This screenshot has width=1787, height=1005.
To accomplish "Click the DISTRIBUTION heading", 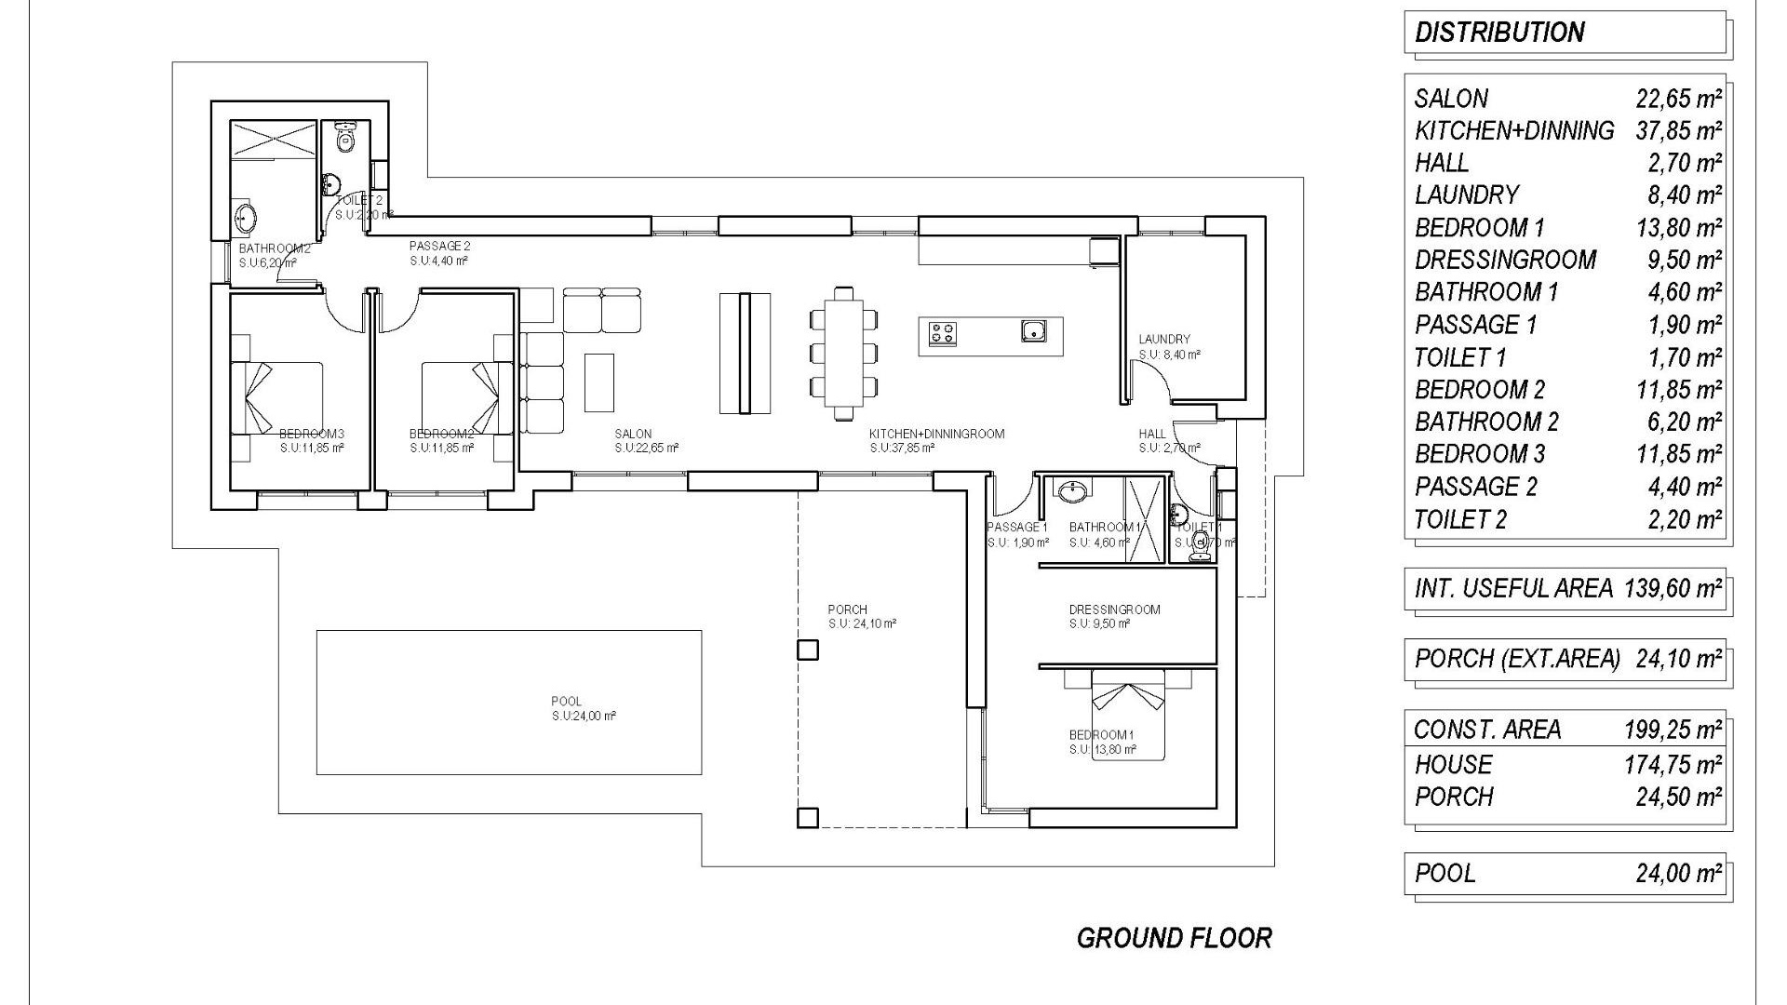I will [x=1498, y=33].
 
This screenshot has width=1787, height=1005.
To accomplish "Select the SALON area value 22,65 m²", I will [x=1678, y=99].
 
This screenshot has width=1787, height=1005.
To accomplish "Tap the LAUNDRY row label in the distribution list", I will [x=1467, y=195].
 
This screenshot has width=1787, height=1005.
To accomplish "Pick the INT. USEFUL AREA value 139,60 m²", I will [x=1673, y=588].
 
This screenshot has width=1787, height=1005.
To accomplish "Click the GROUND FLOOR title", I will [x=1174, y=938].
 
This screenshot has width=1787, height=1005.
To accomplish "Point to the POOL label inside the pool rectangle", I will [x=566, y=702].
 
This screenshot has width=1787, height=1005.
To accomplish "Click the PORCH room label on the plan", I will [x=847, y=610].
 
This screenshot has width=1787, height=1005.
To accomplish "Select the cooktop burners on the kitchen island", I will [x=943, y=332].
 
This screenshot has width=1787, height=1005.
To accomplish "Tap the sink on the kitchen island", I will [x=1032, y=330].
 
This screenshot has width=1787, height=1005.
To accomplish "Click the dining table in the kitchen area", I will [x=844, y=354].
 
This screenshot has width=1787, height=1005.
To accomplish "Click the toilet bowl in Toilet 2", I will [x=345, y=140].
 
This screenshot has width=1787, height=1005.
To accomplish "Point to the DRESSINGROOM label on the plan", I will [x=1114, y=610].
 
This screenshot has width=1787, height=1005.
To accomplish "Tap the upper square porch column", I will [x=808, y=650].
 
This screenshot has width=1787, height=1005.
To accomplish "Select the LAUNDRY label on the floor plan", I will [x=1163, y=340].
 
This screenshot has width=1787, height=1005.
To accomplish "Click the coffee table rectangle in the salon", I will [x=599, y=382].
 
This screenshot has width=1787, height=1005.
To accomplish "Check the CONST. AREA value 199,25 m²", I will [x=1673, y=730].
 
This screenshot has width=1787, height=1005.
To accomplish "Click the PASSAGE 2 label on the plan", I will [x=439, y=246].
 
